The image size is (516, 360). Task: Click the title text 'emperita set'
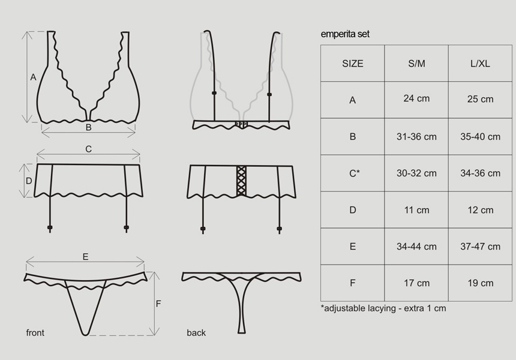(345, 34)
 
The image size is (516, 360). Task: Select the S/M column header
(416, 63)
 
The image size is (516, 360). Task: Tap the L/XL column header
(480, 63)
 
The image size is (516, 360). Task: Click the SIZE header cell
(352, 63)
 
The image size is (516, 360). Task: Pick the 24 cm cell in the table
(416, 98)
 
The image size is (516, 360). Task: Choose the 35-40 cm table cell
(480, 137)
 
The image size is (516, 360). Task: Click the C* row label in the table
(354, 173)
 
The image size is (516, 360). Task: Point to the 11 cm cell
(416, 210)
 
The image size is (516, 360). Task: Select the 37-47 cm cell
(480, 247)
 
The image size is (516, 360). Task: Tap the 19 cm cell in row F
(480, 283)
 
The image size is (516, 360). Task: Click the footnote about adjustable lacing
(383, 308)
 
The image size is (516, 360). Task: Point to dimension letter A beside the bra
(33, 77)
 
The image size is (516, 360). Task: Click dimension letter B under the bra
(88, 127)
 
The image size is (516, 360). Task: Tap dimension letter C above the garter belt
(88, 149)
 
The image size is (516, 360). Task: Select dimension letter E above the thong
(85, 257)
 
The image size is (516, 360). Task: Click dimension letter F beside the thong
(158, 304)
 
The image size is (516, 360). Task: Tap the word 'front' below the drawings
(35, 332)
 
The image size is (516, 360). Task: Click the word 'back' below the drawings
(196, 332)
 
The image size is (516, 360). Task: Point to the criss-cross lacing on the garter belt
(241, 181)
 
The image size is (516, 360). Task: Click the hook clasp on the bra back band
(241, 124)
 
